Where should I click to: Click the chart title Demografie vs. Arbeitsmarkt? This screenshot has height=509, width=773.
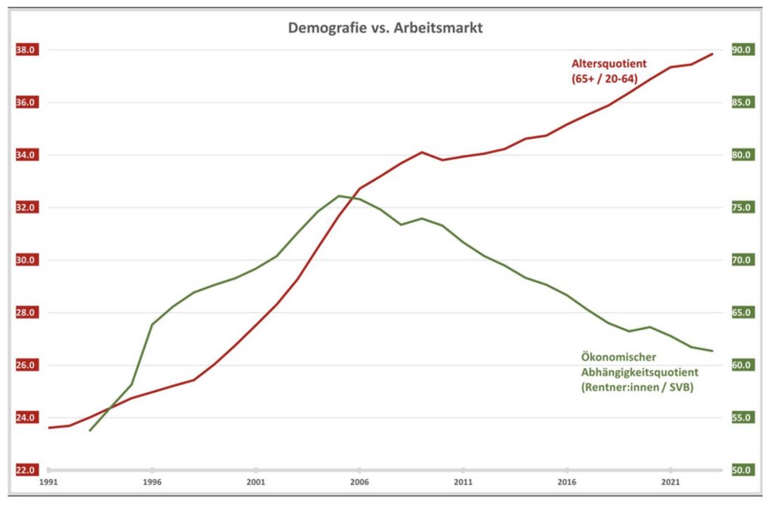coord(385,29)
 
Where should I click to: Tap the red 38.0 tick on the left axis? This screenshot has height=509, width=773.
coord(26,51)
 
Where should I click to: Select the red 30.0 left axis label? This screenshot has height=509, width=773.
coord(26,260)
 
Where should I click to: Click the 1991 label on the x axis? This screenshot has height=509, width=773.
coord(48,481)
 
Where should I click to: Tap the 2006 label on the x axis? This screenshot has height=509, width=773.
coord(359,481)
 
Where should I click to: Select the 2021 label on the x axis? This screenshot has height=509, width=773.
coord(670,481)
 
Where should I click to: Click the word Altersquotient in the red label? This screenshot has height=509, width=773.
coord(608,63)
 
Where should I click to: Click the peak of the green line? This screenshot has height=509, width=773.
coord(339,195)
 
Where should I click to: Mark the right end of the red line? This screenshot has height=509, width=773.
coord(713,54)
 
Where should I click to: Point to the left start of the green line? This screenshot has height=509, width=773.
coord(90,431)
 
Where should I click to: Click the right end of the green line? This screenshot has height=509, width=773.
coord(713,351)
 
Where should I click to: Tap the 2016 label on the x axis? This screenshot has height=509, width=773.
coord(567,481)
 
